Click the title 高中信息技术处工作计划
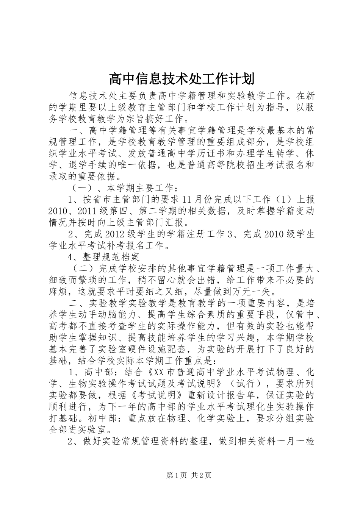pos(181,79)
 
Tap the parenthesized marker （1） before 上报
pos(283,200)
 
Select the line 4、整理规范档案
pos(103,258)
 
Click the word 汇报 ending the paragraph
pos(175,222)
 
